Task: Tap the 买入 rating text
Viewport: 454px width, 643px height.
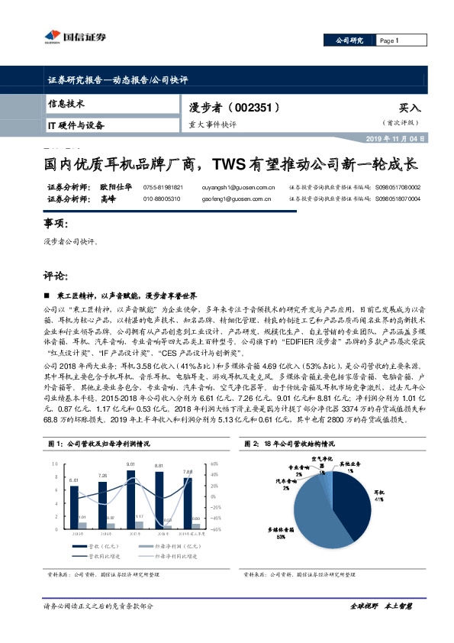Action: coord(409,108)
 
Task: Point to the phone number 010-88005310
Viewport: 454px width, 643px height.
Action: coord(161,199)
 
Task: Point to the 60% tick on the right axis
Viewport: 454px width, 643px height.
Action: coord(214,464)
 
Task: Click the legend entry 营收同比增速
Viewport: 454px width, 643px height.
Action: coord(100,557)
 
